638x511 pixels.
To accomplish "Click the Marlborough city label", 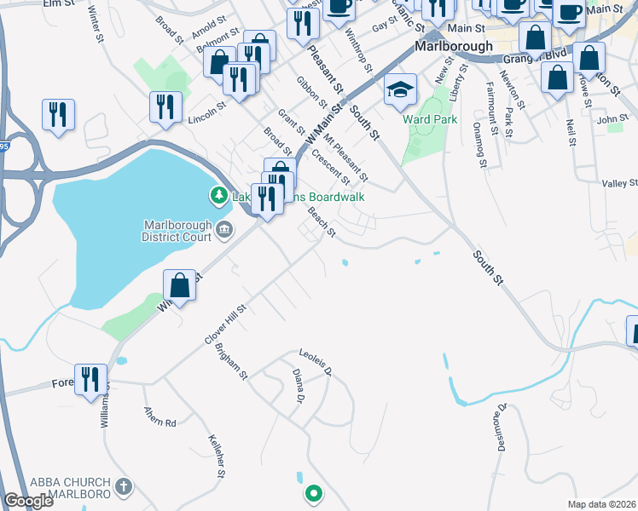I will [x=455, y=46].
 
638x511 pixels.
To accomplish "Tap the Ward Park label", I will [x=430, y=119].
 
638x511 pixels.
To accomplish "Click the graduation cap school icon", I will [x=399, y=89].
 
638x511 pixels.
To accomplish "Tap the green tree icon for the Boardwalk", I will [x=219, y=197].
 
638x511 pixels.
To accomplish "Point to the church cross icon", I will [x=125, y=488].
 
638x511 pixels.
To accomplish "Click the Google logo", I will [x=28, y=501].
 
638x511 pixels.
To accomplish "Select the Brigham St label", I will [x=231, y=363].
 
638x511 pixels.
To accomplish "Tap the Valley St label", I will [x=619, y=183].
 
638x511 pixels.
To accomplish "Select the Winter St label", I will [x=96, y=26].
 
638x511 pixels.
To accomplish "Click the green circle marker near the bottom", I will [x=314, y=492].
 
